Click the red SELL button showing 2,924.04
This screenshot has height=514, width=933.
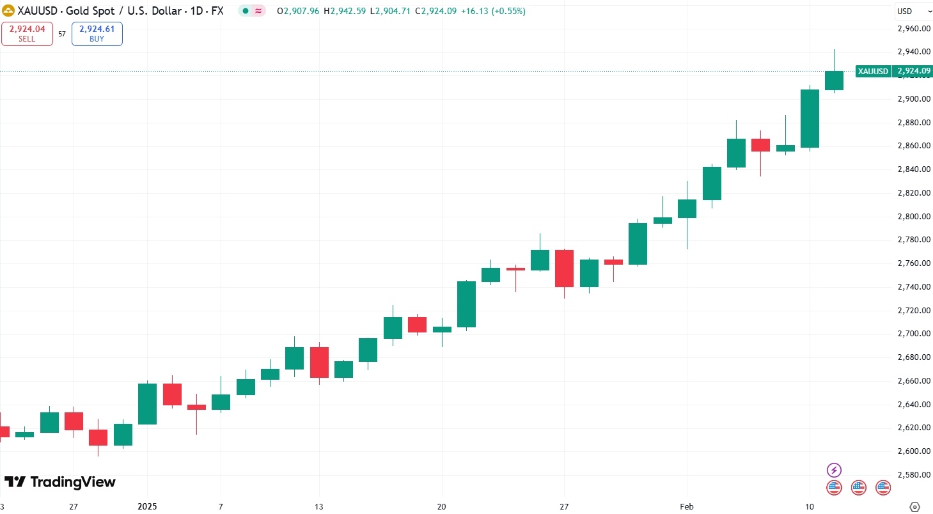click(x=27, y=33)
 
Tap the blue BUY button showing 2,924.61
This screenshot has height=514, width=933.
click(x=97, y=33)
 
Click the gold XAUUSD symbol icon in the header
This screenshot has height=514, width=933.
click(x=9, y=11)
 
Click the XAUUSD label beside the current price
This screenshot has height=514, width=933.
click(x=873, y=71)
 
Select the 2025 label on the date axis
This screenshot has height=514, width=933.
click(x=147, y=506)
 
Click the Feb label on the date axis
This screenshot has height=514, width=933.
click(x=687, y=506)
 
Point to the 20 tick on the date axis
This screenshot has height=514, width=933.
click(x=441, y=506)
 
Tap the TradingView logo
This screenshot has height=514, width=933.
click(x=60, y=482)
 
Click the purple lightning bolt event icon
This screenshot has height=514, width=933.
click(x=834, y=470)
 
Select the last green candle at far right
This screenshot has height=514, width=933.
click(x=834, y=80)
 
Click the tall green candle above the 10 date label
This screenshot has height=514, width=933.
click(x=810, y=118)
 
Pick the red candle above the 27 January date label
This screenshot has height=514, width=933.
click(x=564, y=268)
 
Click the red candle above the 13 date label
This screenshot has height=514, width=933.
click(x=319, y=362)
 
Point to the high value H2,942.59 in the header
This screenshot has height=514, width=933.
click(x=345, y=11)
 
